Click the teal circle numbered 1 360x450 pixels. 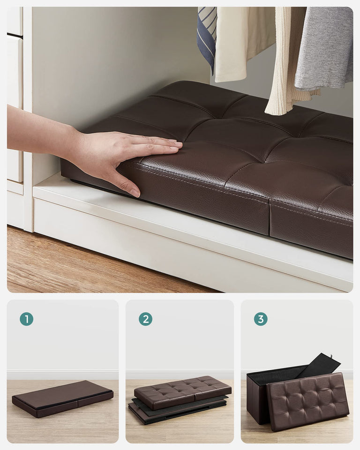[26, 319]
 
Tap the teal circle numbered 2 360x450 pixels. [145, 319]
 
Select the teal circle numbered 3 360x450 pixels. [261, 319]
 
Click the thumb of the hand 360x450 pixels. [123, 182]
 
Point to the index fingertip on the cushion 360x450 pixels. [178, 145]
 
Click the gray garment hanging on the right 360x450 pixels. [323, 47]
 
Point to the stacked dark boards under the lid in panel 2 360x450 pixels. [155, 412]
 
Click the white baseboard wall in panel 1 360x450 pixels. [62, 375]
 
